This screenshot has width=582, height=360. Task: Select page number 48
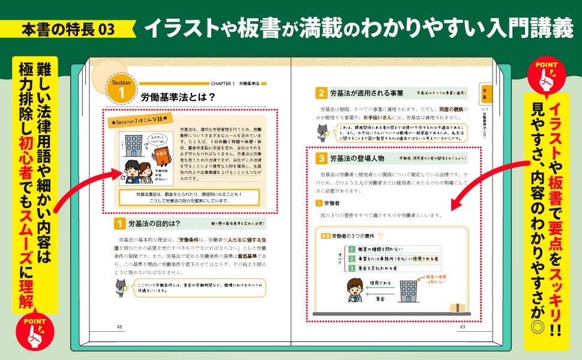click(119, 327)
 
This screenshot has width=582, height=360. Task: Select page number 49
click(462, 327)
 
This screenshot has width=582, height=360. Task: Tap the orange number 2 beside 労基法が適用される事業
click(322, 93)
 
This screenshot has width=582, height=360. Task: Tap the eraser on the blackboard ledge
click(458, 308)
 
